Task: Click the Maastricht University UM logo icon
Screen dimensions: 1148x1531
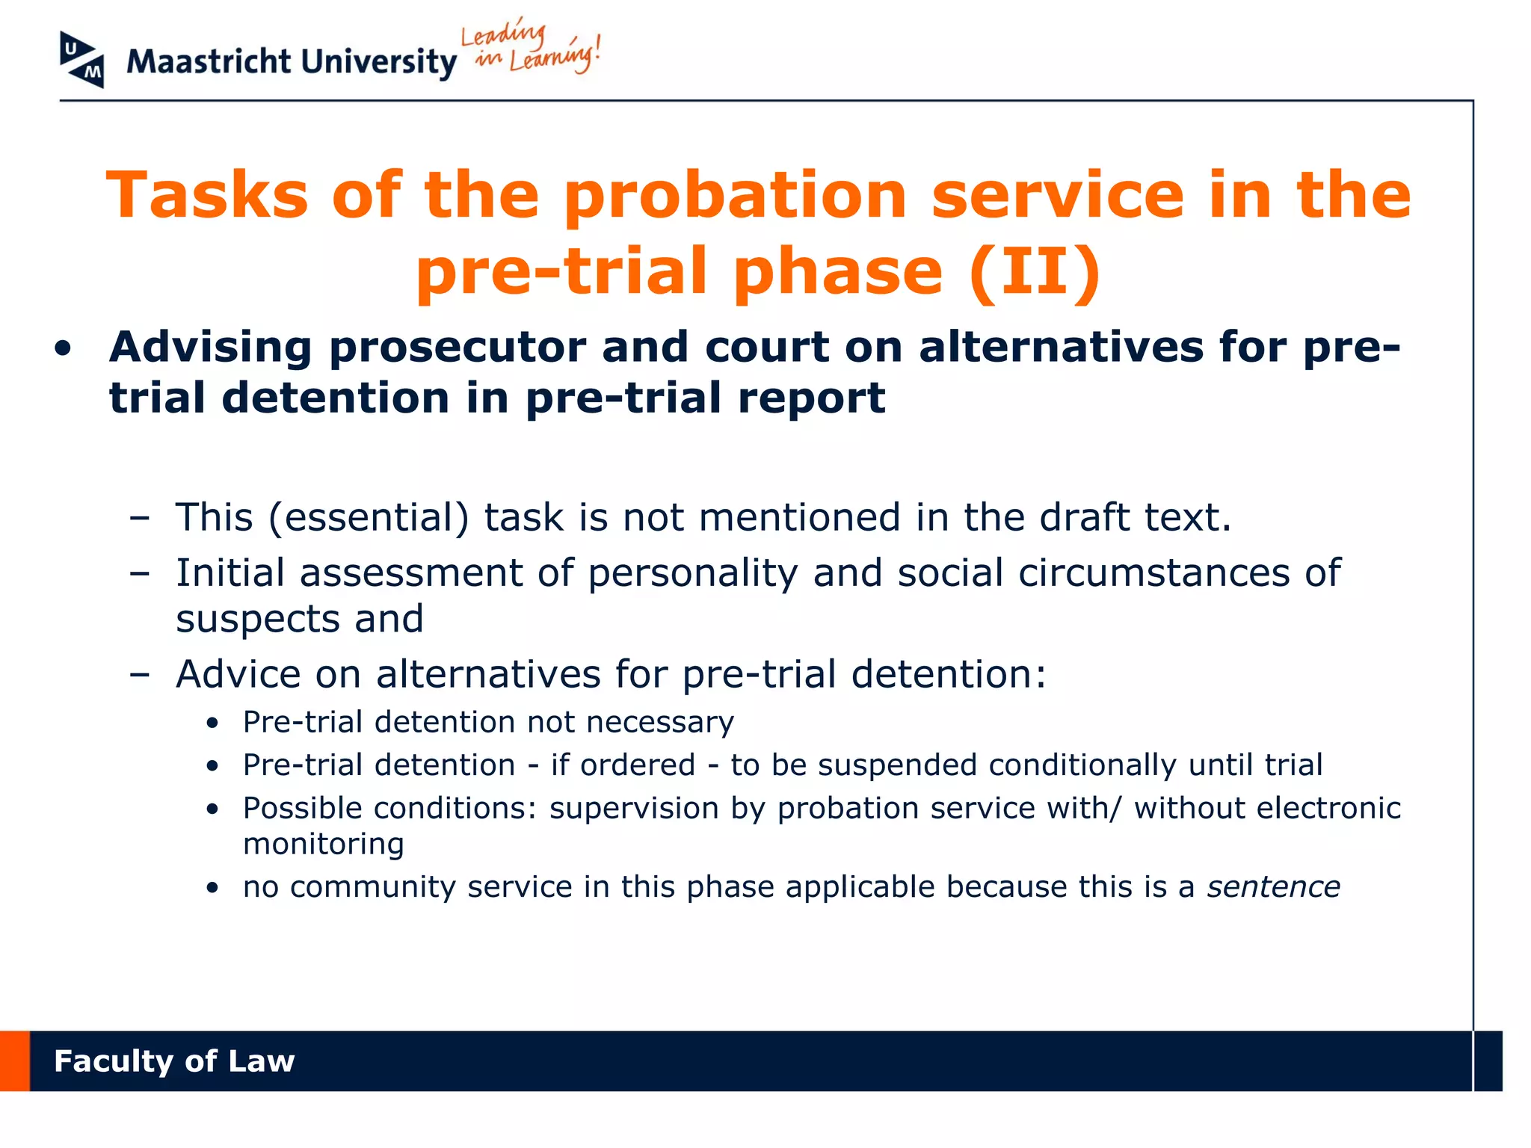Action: click(x=81, y=60)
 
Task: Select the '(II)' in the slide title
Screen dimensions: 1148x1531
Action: click(x=1035, y=271)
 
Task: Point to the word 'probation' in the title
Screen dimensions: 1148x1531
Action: click(x=735, y=196)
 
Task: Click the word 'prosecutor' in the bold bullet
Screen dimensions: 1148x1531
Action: click(x=458, y=348)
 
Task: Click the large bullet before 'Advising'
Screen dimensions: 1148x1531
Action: click(x=64, y=348)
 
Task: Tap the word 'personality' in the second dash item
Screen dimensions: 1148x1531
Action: click(x=692, y=573)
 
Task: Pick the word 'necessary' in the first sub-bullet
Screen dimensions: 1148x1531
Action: click(x=659, y=722)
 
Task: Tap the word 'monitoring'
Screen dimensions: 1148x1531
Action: click(x=323, y=845)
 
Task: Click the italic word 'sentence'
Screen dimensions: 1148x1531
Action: click(x=1273, y=887)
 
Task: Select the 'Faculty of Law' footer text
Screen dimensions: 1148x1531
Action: click(x=174, y=1061)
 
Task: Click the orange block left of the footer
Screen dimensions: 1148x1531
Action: click(x=14, y=1061)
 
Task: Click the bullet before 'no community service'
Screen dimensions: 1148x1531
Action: click(x=213, y=888)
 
